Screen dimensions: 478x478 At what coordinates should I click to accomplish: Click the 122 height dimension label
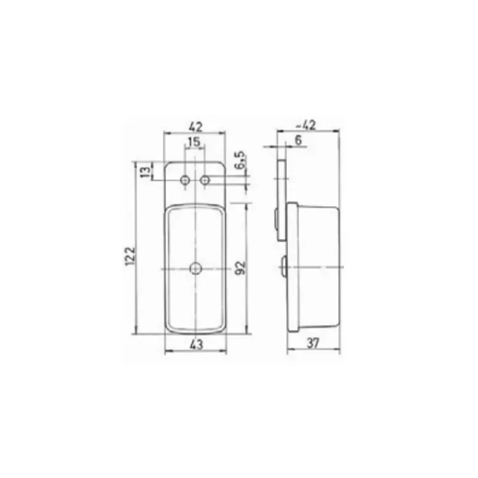coord(130,256)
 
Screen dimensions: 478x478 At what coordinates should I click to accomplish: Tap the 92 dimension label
coord(241,268)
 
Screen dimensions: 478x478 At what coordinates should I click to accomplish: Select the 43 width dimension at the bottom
coord(197,345)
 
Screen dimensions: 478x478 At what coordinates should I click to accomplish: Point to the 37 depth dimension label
coord(313,344)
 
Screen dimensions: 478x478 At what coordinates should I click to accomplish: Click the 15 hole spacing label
coord(194,142)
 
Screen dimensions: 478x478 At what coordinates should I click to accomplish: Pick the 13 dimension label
coord(146,172)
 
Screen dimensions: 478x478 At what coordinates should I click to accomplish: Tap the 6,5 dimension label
coord(241,160)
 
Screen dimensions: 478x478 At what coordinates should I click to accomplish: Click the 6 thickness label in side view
coord(298,140)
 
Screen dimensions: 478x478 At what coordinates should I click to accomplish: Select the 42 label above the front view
coord(196,126)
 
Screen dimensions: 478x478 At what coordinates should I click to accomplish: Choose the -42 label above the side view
coord(307,125)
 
